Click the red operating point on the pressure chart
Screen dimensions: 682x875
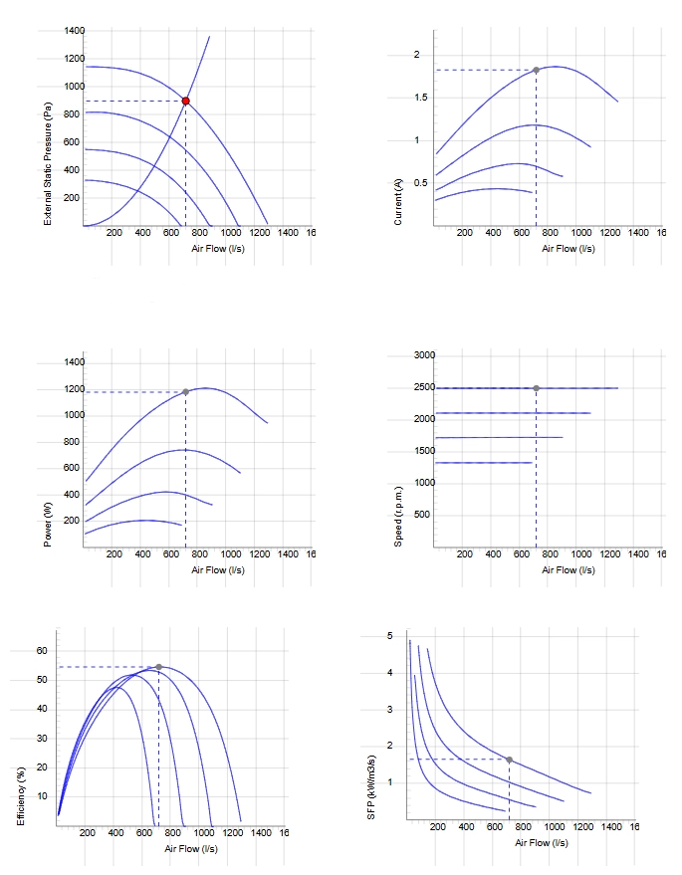click(186, 101)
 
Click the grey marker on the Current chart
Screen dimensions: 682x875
click(536, 71)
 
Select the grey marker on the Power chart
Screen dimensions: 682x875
click(186, 392)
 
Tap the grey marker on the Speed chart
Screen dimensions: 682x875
click(536, 388)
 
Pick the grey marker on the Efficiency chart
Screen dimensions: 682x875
click(158, 667)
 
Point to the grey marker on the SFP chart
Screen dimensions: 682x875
click(509, 760)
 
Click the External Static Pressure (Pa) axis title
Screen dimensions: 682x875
click(48, 164)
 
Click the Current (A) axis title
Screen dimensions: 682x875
click(398, 202)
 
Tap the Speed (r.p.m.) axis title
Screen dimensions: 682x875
click(398, 518)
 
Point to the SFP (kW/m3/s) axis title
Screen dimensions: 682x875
click(371, 787)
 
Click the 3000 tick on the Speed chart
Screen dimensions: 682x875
click(425, 355)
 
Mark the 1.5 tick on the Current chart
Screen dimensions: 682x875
click(421, 98)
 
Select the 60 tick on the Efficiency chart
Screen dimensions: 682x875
click(42, 651)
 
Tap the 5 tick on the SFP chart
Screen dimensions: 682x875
click(390, 636)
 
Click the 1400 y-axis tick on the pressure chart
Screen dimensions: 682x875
click(75, 30)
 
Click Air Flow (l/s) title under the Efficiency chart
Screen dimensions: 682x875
click(191, 849)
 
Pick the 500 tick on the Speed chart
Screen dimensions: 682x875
click(422, 514)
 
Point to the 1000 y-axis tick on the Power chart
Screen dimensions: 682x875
click(75, 415)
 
